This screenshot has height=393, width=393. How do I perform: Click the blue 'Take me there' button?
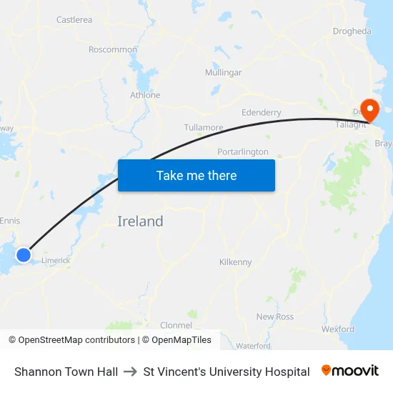click(196, 175)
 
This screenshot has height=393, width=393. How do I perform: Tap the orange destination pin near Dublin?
click(370, 110)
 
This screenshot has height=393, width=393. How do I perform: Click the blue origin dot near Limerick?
click(24, 254)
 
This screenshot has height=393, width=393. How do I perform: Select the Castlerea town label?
click(74, 20)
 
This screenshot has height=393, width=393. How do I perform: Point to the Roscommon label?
click(113, 49)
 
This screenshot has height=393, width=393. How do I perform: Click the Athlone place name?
click(145, 95)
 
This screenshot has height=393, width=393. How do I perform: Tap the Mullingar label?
click(223, 73)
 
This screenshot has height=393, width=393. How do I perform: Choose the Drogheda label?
click(352, 31)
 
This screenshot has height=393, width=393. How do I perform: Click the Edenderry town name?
click(262, 112)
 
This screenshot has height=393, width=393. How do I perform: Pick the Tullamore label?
click(204, 127)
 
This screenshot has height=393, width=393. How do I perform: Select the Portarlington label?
click(243, 151)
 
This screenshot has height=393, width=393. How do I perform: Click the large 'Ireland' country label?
click(140, 222)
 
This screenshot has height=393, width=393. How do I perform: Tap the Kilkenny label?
click(236, 262)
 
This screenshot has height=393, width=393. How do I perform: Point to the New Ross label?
click(274, 317)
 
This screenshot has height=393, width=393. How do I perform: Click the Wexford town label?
click(338, 329)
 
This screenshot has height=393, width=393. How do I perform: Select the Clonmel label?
click(176, 325)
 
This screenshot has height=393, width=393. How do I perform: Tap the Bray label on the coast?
click(384, 144)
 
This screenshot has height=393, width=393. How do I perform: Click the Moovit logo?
click(349, 371)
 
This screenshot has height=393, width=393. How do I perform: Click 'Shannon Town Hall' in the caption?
click(66, 372)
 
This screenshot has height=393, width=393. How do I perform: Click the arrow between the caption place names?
click(131, 372)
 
